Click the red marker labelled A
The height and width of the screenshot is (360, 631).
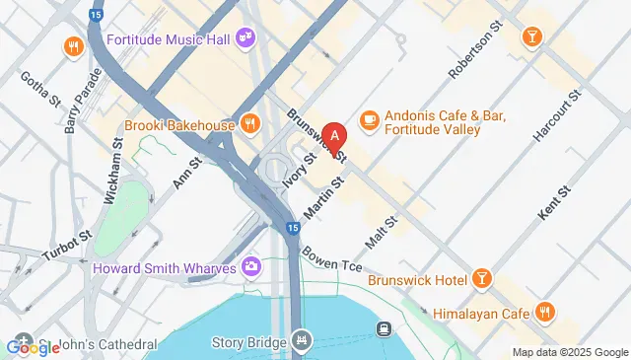click(x=335, y=137)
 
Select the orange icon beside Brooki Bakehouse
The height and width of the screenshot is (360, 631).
click(x=250, y=124)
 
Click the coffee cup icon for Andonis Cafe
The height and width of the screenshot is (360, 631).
click(x=370, y=118)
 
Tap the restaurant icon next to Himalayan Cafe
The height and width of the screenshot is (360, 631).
click(x=544, y=313)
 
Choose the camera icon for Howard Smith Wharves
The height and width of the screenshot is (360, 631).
click(x=251, y=266)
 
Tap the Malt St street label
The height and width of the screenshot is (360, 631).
click(x=381, y=234)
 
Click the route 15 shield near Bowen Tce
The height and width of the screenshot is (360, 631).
click(x=294, y=228)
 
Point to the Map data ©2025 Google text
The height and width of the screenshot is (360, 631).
click(x=569, y=352)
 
